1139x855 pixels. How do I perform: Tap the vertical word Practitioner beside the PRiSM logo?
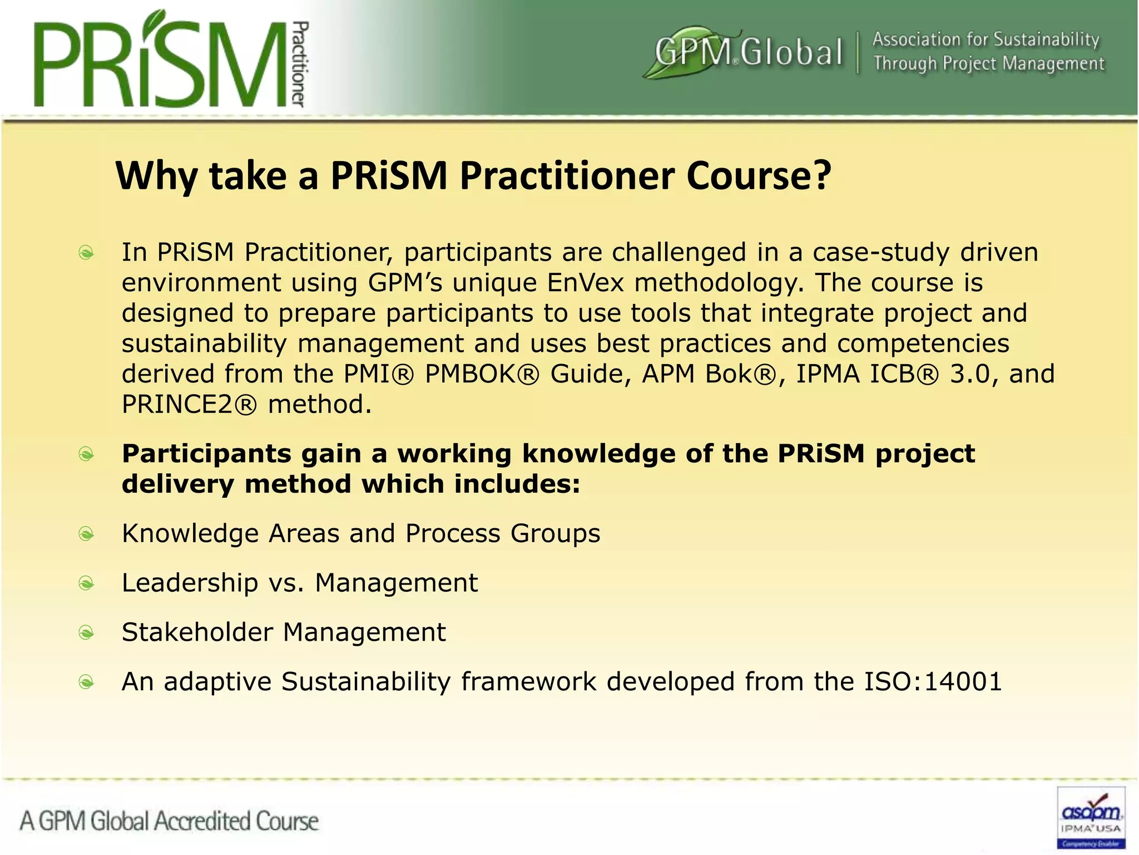pyautogui.click(x=300, y=64)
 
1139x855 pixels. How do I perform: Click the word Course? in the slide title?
pyautogui.click(x=759, y=176)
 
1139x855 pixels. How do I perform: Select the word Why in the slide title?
pyautogui.click(x=156, y=176)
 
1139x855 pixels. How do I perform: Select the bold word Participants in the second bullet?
pyautogui.click(x=206, y=454)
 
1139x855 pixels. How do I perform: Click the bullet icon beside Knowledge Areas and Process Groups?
pyautogui.click(x=86, y=534)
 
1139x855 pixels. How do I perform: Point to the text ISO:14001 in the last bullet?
pyautogui.click(x=933, y=681)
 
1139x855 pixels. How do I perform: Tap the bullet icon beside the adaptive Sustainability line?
pyautogui.click(x=86, y=682)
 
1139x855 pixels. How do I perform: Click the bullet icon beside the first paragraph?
pyautogui.click(x=86, y=253)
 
